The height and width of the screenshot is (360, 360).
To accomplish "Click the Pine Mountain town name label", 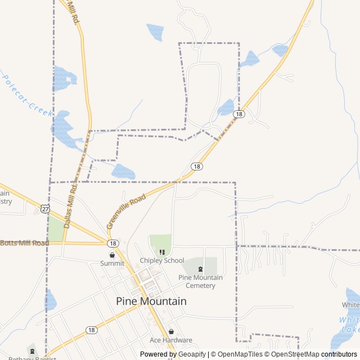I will [x=151, y=301].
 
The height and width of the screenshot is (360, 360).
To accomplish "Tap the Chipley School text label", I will [x=162, y=260].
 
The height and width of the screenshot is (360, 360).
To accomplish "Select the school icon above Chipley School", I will [x=162, y=252].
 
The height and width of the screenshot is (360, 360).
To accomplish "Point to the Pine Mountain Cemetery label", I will [x=200, y=281].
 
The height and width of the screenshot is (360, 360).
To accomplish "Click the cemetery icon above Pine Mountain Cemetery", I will [x=200, y=269].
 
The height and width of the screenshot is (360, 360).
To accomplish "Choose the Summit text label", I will [x=112, y=263].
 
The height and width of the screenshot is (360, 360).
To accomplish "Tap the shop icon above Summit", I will [x=112, y=255].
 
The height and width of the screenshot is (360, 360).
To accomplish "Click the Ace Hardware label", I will [x=170, y=340].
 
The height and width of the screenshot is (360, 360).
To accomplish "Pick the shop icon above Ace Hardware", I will [x=171, y=331].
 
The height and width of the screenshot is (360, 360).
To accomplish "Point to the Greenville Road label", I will [x=126, y=211].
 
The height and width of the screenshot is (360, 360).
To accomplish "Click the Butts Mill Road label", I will [x=24, y=243].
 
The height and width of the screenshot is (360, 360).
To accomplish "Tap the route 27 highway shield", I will [x=45, y=209].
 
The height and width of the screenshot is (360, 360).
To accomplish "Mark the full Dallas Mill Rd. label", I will [x=71, y=205].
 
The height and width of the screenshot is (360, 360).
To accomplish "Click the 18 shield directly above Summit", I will [x=114, y=243].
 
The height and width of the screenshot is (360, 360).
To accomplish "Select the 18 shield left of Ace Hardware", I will [x=91, y=330].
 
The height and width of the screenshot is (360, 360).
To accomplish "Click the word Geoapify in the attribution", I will [x=192, y=354].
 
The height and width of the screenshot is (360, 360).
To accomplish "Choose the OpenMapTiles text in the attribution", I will [x=240, y=354].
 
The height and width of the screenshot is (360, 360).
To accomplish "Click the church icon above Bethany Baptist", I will [x=31, y=352].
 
